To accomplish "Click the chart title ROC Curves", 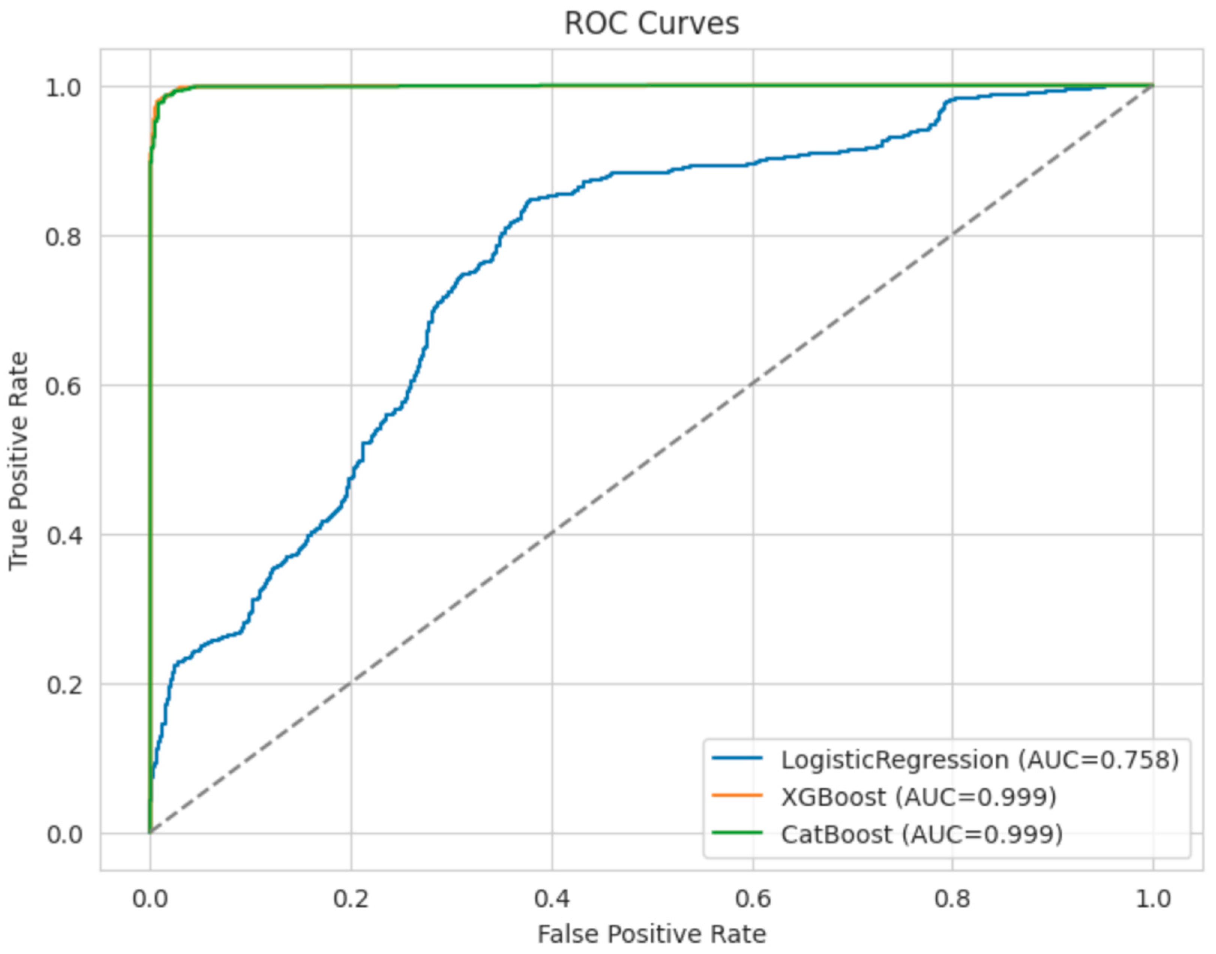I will [x=651, y=24].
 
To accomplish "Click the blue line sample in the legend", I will [x=738, y=758].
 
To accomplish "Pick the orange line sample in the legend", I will [x=738, y=795].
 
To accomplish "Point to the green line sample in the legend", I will [x=738, y=833].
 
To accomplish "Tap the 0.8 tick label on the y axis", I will [x=63, y=237].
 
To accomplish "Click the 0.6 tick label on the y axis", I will [x=63, y=386].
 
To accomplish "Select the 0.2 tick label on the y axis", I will [x=63, y=685].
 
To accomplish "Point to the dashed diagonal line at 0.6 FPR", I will [x=753, y=386].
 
